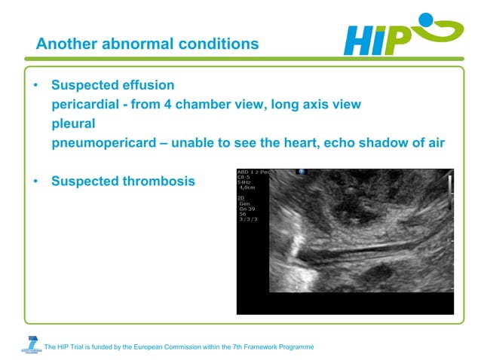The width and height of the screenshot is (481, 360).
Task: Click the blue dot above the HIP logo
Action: tap(426, 18)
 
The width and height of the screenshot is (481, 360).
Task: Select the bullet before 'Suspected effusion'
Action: tap(35, 86)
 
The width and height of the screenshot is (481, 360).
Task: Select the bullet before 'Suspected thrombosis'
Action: tap(35, 182)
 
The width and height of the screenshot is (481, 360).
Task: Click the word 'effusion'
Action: tap(148, 85)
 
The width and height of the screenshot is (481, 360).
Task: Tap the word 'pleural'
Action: tap(73, 124)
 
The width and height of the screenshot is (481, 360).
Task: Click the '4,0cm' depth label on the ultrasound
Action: tap(247, 188)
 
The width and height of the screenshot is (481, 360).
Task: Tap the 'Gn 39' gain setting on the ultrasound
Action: tap(248, 208)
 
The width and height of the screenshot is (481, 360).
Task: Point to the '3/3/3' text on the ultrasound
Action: tap(247, 219)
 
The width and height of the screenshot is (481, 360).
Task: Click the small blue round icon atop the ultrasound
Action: tap(301, 172)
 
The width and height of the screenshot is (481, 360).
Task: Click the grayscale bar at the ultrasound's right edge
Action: tap(450, 185)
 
